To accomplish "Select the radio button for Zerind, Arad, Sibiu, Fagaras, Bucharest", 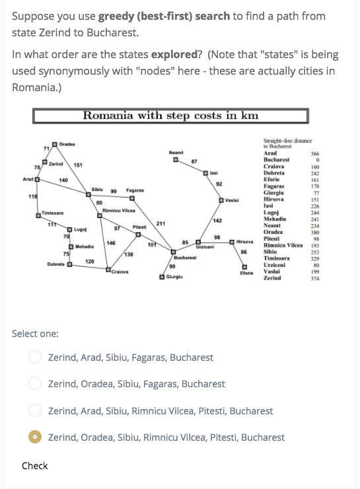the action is pyautogui.click(x=35, y=357).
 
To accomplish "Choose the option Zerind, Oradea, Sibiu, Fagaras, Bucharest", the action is pyautogui.click(x=35, y=384).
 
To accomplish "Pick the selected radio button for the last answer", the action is pyautogui.click(x=35, y=437).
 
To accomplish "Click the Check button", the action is pyautogui.click(x=34, y=466).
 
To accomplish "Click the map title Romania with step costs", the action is pyautogui.click(x=170, y=116).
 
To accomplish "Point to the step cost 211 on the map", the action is pyautogui.click(x=161, y=223).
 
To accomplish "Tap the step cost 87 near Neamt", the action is pyautogui.click(x=194, y=161).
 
